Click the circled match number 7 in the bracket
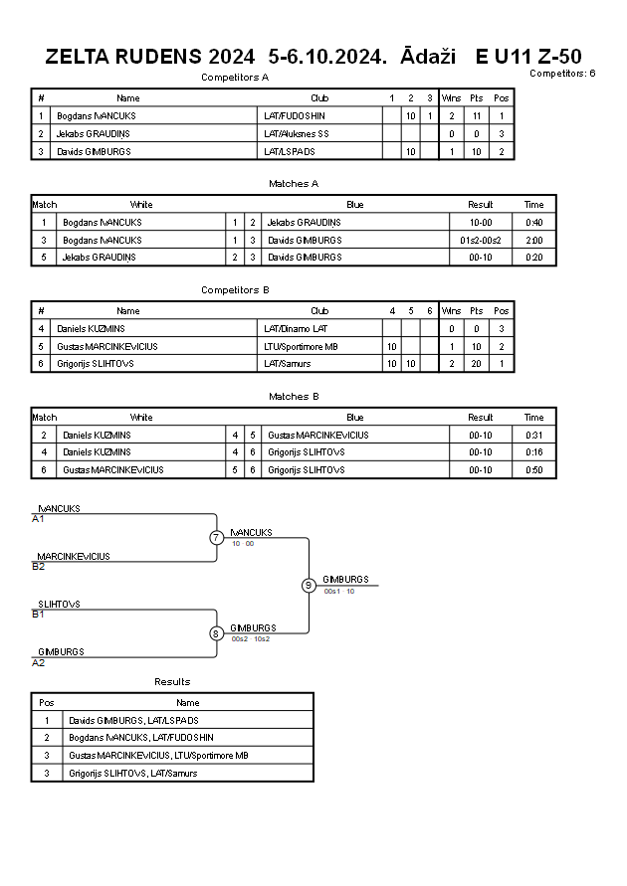tap(216, 537)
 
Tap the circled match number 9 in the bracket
tap(309, 586)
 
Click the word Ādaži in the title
tap(428, 56)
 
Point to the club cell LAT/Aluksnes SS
tap(297, 134)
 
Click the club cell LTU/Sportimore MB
tap(301, 346)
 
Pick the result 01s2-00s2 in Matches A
tap(481, 241)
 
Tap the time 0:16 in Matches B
tap(533, 452)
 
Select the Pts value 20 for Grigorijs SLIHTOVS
tap(476, 364)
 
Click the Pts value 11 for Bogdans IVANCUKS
tap(476, 115)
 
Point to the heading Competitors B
tap(235, 290)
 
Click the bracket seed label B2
tap(39, 567)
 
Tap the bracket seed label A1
tap(38, 519)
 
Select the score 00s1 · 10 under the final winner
tap(339, 591)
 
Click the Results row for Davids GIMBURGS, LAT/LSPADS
tap(133, 721)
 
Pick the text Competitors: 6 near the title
tap(562, 73)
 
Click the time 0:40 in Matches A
tap(533, 223)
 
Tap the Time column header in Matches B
tap(533, 418)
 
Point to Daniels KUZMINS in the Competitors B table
tap(91, 329)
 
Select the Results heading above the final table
tap(172, 681)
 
